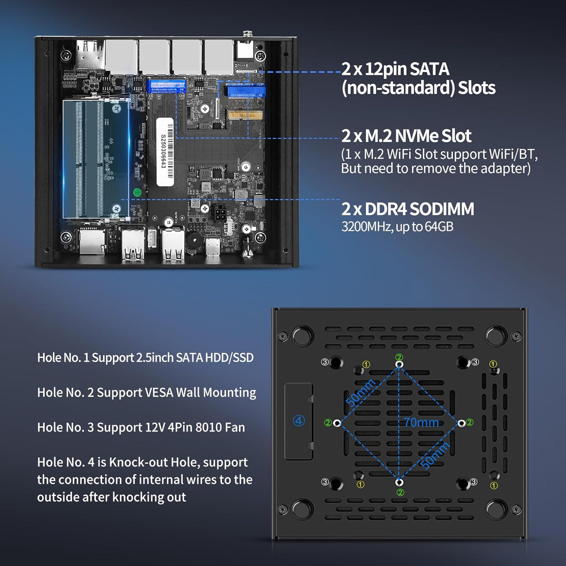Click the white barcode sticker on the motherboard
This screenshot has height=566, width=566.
[x=166, y=152]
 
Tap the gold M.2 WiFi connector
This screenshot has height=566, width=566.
[x=245, y=115]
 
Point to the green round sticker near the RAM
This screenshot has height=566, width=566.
[x=137, y=192]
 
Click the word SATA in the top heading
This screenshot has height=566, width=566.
[x=429, y=69]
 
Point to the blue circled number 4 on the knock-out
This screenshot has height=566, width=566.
[x=299, y=421]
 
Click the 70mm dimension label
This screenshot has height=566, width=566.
[x=422, y=422]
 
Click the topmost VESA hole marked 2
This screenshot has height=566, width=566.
[x=399, y=364]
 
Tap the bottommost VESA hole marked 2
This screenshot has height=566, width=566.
[x=399, y=482]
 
